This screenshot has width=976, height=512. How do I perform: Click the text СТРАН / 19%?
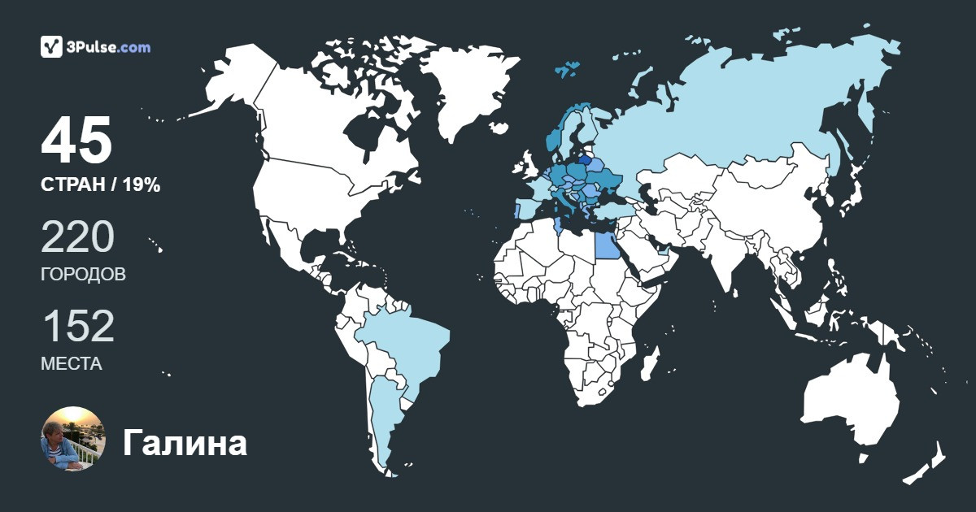point(100,185)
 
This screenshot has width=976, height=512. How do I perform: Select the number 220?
point(77,236)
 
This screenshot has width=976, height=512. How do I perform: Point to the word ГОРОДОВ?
point(83,275)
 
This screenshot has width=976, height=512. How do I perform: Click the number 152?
point(77,327)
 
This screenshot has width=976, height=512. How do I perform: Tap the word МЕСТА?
point(72,364)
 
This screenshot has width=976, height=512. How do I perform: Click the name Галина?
point(185,444)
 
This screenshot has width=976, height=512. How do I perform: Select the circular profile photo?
point(72,439)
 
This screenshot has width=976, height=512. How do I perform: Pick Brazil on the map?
point(403,341)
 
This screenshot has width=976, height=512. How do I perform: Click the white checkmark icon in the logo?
point(52,47)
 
